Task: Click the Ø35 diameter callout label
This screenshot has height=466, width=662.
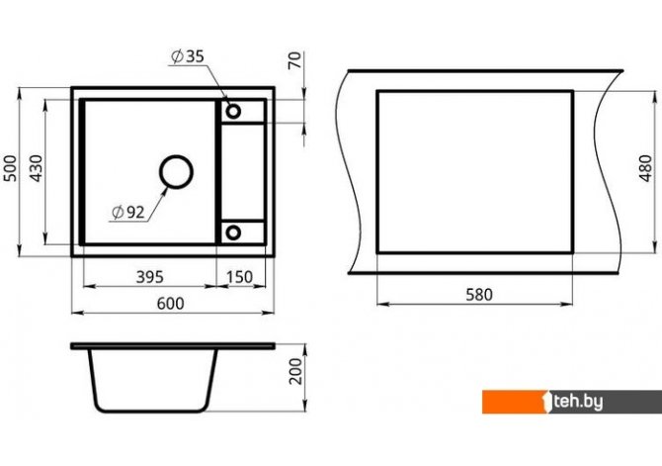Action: [188, 56]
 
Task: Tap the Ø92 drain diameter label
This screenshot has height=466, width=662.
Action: [128, 213]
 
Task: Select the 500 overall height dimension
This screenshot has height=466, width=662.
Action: [11, 168]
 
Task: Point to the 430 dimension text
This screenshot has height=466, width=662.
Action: [37, 168]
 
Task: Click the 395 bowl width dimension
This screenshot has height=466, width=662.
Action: [150, 277]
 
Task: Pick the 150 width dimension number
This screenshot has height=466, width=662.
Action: [239, 277]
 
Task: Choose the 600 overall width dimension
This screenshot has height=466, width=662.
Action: [171, 303]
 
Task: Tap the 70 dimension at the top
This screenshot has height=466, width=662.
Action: [295, 60]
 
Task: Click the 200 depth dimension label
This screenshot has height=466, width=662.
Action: [295, 371]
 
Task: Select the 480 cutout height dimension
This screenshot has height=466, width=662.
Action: [646, 168]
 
